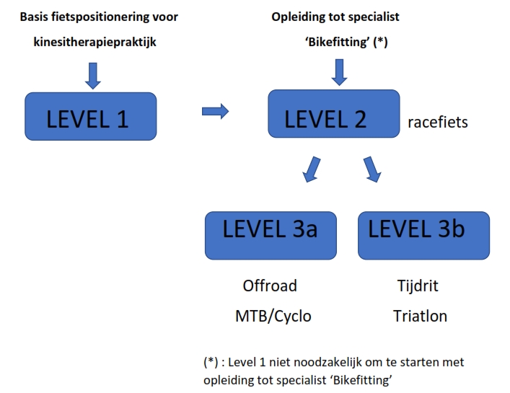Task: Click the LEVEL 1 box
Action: click(x=91, y=116)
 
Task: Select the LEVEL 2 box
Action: click(x=334, y=114)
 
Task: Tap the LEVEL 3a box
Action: click(x=271, y=236)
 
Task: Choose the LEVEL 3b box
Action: click(x=424, y=236)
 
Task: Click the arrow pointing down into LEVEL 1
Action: click(x=93, y=76)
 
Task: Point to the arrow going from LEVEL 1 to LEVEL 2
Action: click(x=215, y=112)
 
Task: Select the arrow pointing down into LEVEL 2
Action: click(x=339, y=72)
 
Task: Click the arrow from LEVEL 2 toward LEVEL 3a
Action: click(x=312, y=169)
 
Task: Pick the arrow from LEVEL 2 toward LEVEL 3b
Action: click(x=372, y=169)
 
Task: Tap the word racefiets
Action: click(x=438, y=122)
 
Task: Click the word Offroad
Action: click(x=270, y=286)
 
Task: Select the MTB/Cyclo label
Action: click(x=273, y=316)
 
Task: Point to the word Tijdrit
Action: click(x=418, y=286)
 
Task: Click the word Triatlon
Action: click(x=421, y=316)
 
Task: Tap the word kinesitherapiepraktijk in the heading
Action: click(x=95, y=42)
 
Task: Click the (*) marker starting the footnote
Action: click(x=211, y=362)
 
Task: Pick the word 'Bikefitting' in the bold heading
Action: click(x=338, y=42)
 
